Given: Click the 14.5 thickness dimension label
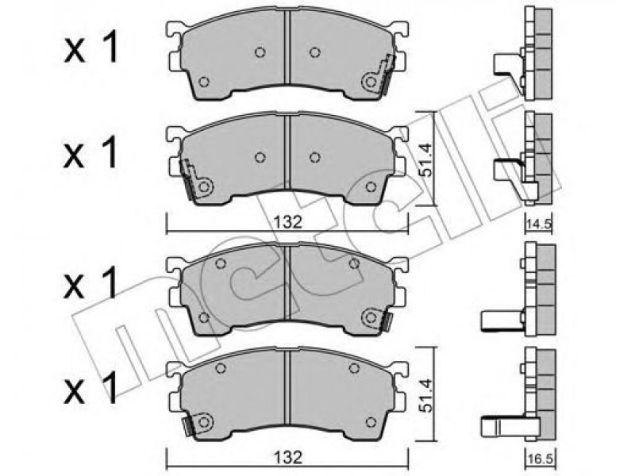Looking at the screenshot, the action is pos(540,225).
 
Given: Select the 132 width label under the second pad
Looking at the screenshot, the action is pos(287,222).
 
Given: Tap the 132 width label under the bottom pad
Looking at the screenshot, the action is pos(287,458).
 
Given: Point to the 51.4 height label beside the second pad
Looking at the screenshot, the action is pos(426,159).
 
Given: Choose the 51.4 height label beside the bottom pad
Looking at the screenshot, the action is pos(426,396).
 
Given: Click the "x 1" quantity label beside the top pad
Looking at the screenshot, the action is pos(90,48).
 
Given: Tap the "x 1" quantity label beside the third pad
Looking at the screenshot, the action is pos(90,282).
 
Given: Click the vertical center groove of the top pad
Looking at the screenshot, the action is pos(287,47).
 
